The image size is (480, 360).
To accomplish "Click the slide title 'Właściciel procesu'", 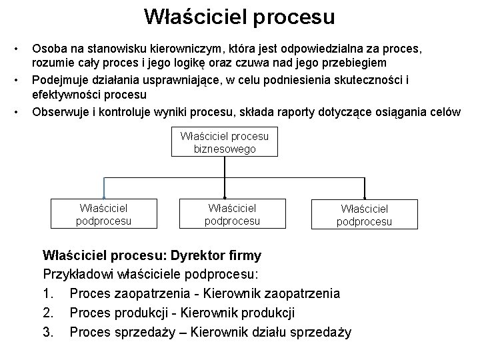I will coord(239,17).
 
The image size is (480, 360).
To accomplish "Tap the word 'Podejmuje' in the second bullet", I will coord(59,79).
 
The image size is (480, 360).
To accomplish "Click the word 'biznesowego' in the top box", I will coord(225,149).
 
